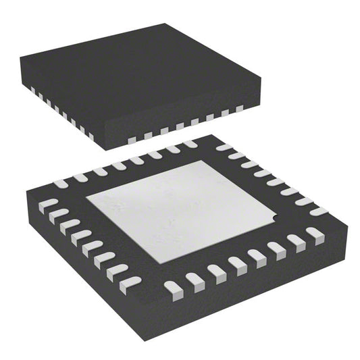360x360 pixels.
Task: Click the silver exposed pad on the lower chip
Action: click(x=182, y=209)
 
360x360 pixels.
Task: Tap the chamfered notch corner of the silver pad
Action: click(x=273, y=218)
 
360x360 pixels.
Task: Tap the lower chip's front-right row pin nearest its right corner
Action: click(x=314, y=234)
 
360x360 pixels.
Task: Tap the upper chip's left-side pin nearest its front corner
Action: click(x=91, y=134)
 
